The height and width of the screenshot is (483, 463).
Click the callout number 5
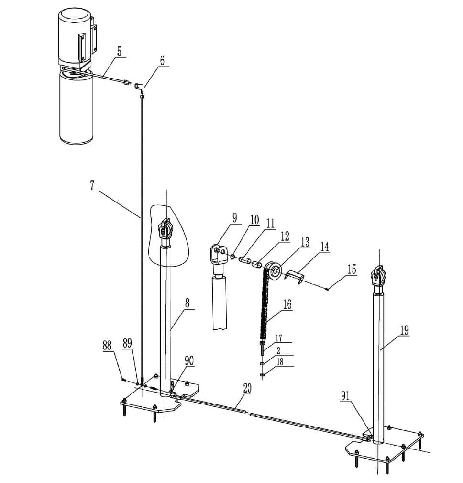tap(120, 51)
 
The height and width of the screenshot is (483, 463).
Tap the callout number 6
tap(162, 60)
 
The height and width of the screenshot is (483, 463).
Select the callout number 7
tap(92, 186)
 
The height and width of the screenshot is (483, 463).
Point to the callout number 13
tap(305, 242)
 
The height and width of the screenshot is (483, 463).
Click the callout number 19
tap(405, 330)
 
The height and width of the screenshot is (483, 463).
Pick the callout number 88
tap(107, 345)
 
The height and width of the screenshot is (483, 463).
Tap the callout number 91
tap(345, 395)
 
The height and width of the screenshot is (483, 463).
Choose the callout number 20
tap(247, 388)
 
